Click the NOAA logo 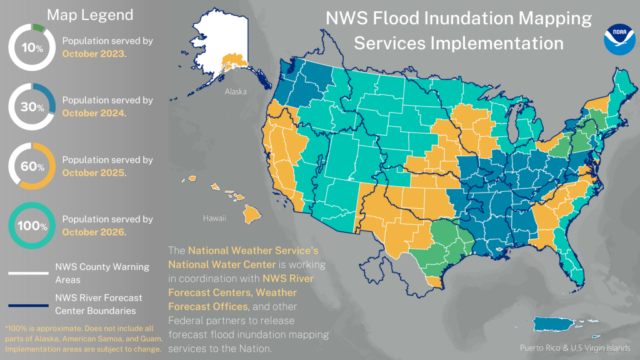[619, 39]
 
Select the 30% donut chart [32, 107]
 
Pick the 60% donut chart [32, 166]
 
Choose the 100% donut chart [32, 226]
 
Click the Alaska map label [236, 91]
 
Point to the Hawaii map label [213, 219]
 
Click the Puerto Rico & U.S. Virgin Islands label [574, 348]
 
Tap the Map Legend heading [90, 15]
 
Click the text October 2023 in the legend [94, 54]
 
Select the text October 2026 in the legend [94, 232]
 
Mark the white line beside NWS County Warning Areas [27, 272]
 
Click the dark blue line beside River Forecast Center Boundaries [27, 305]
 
